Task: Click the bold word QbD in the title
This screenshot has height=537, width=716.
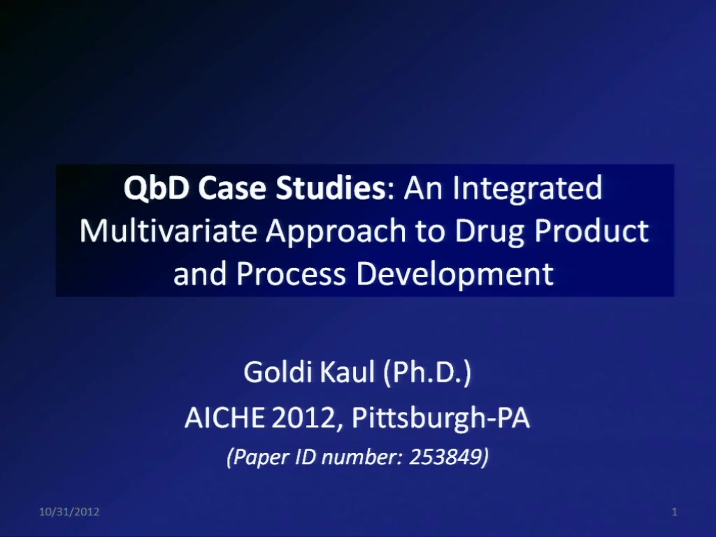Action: [156, 189]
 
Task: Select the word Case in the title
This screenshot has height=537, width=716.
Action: [232, 187]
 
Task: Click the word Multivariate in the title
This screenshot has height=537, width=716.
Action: [168, 231]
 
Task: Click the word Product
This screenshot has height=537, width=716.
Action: [591, 231]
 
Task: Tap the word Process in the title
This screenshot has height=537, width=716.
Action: [291, 274]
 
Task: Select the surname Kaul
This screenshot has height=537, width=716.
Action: [347, 372]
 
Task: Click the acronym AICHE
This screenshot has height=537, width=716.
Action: [224, 417]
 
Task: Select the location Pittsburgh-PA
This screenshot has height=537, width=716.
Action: [441, 418]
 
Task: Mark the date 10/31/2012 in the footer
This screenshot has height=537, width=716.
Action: [69, 512]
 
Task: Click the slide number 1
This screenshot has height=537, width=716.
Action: [675, 512]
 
